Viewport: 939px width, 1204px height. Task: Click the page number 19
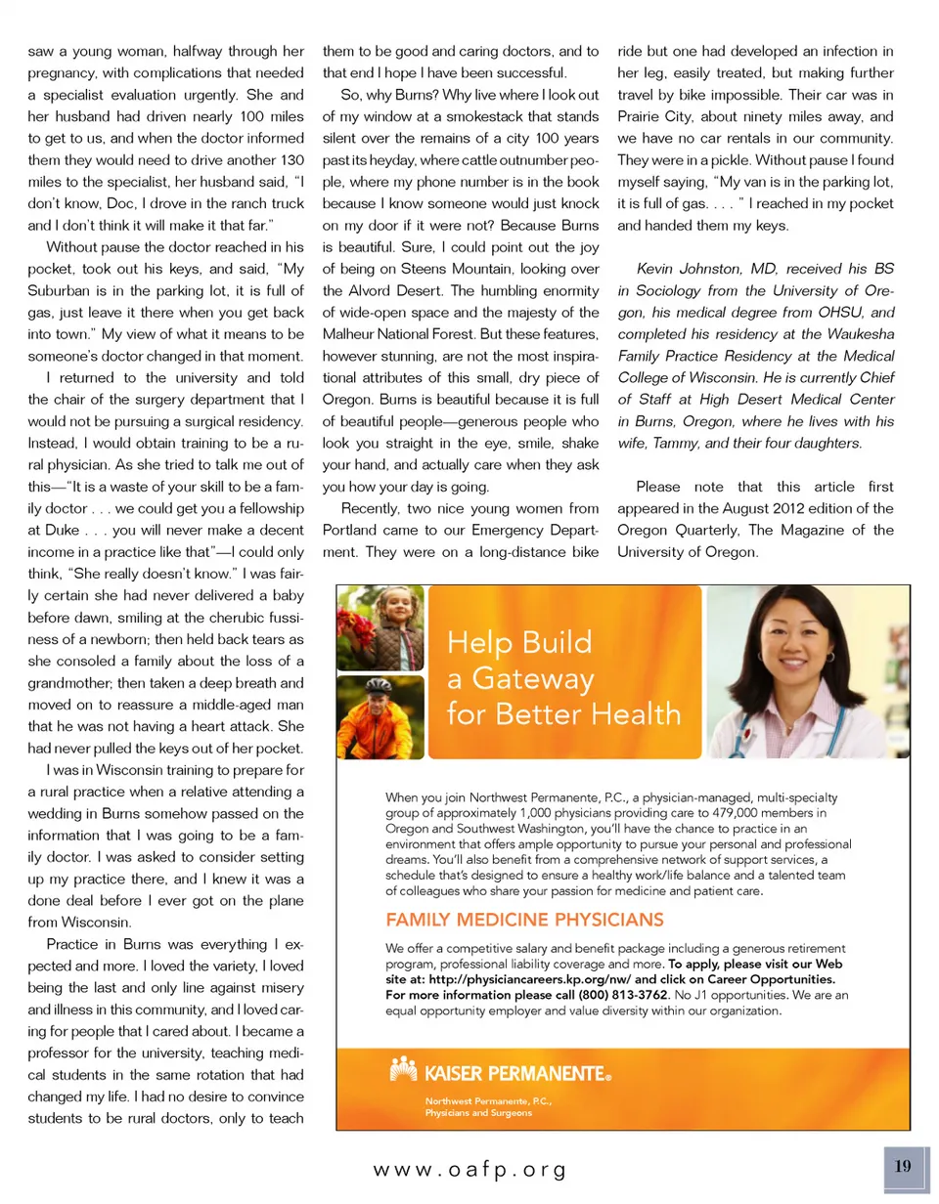point(902,1166)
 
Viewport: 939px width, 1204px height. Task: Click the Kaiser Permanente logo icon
point(402,1073)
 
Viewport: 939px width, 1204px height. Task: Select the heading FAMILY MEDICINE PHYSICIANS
point(525,920)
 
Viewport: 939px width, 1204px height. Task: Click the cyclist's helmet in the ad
point(380,690)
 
